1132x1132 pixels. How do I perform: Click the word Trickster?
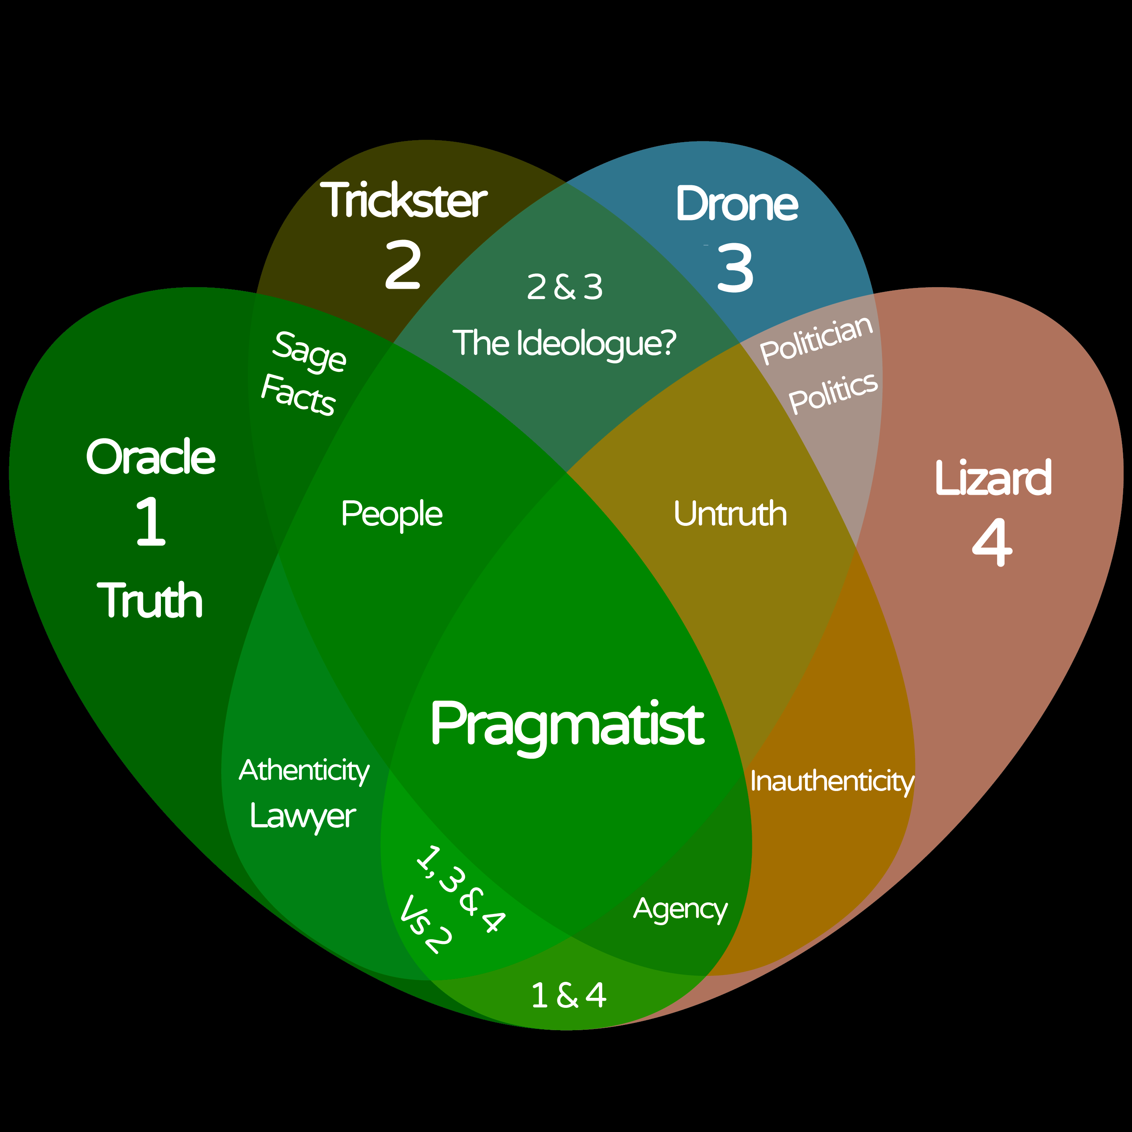(x=404, y=200)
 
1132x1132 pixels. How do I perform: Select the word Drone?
(x=737, y=204)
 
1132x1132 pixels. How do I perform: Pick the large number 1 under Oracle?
(x=151, y=521)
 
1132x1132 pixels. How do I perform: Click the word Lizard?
(x=993, y=478)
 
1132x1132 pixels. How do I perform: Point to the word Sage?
(x=309, y=351)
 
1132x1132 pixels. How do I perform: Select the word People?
(x=391, y=514)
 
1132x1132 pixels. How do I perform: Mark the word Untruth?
(x=730, y=514)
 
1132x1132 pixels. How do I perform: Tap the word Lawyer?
(x=302, y=816)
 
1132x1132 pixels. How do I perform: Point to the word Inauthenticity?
(x=832, y=781)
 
